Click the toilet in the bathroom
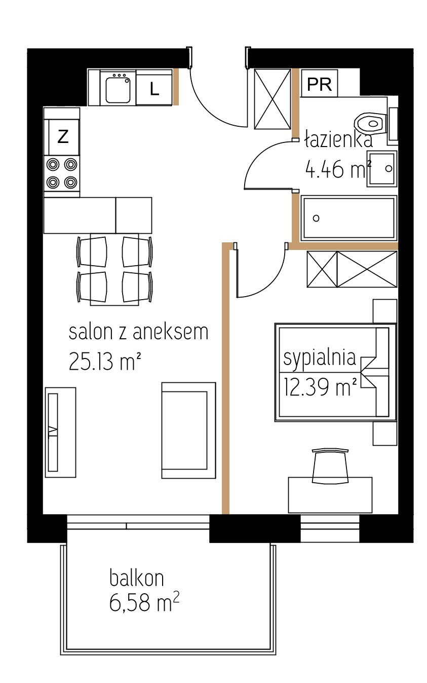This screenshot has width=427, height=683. [376, 124]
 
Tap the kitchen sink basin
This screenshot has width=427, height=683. [118, 90]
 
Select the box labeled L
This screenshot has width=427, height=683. [154, 87]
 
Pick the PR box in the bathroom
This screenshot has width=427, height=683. [319, 83]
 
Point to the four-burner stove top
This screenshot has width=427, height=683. [62, 173]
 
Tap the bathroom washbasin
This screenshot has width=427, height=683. [382, 168]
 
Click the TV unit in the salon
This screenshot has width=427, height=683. [60, 432]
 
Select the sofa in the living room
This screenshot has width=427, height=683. [188, 430]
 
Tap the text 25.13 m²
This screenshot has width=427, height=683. [104, 361]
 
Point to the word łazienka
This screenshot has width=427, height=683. [338, 140]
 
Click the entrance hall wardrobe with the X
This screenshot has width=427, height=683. [273, 99]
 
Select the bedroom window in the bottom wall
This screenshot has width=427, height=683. [330, 529]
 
